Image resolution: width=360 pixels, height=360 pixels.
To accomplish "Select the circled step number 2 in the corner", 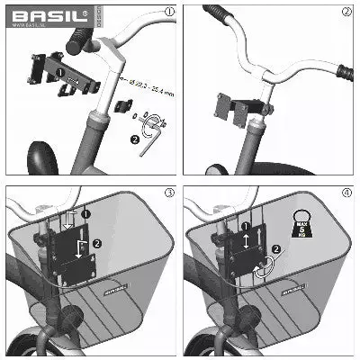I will pyautogui.click(x=346, y=13).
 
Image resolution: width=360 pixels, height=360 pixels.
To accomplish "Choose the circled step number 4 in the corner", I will pyautogui.click(x=346, y=193).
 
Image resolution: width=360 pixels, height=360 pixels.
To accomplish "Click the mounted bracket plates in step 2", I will pyautogui.click(x=238, y=111).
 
